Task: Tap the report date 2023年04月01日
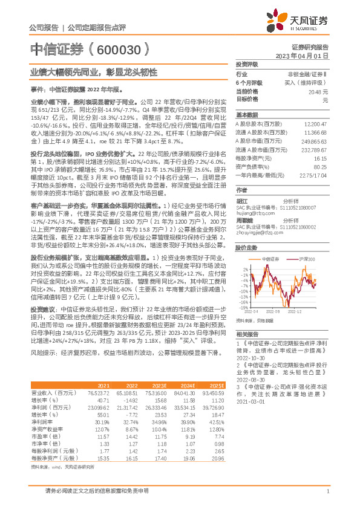click(x=302, y=55)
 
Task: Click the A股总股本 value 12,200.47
click(x=313, y=123)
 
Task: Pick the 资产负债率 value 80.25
click(x=319, y=166)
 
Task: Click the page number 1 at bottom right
click(x=327, y=491)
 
